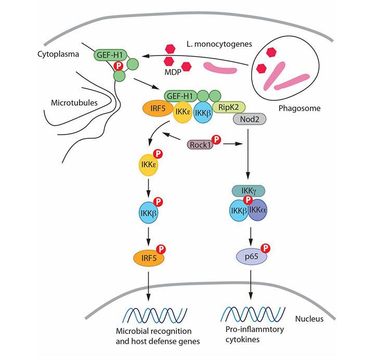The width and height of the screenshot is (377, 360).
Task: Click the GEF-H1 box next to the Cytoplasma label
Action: click(108, 54)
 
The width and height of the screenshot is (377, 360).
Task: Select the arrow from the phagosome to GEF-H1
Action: click(198, 58)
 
